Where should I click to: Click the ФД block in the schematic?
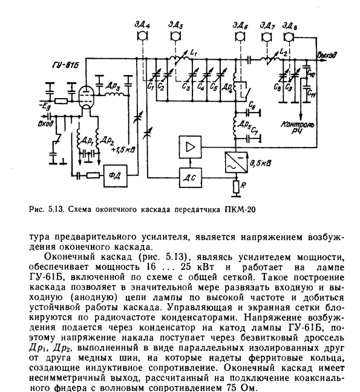coord(116,176)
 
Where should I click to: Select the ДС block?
coord(190,178)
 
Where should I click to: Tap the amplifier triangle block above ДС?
coord(190,147)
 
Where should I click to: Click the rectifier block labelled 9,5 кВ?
coord(236,162)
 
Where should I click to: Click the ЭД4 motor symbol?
coord(142,36)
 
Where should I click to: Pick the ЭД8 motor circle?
coord(289,38)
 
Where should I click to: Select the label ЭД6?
coord(240,26)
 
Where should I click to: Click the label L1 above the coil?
coord(194,53)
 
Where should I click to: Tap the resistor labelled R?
coord(236,187)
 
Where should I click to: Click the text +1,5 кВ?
coord(123,150)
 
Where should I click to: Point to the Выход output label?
coord(327,55)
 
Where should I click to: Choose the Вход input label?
coord(45,124)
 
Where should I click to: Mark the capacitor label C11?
coord(312,94)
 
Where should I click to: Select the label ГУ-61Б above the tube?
coord(65,65)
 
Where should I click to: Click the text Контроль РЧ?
coord(297,127)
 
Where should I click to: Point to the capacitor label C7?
coord(255,131)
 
